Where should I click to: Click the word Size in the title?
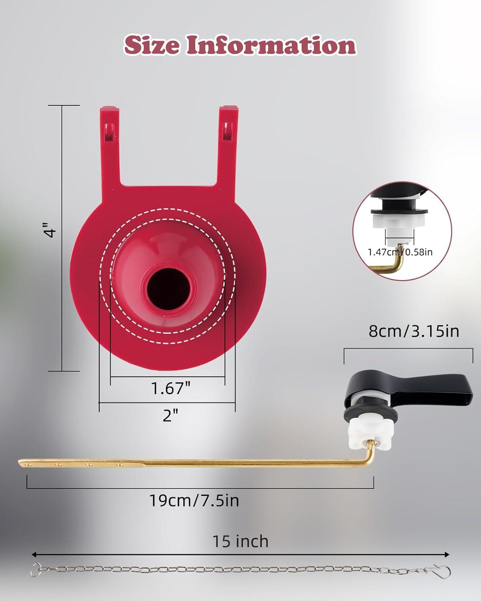click(x=151, y=45)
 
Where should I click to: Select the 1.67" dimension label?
click(x=170, y=388)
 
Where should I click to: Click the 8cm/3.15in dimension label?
click(x=414, y=331)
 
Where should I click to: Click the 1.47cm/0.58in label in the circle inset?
click(x=400, y=252)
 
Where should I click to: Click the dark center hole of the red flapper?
click(x=168, y=289)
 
